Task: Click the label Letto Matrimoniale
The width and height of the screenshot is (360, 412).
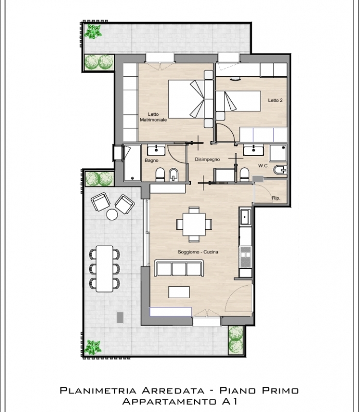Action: (153, 117)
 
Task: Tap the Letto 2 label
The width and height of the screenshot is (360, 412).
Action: (275, 100)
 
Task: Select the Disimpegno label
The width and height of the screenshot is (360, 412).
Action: (208, 160)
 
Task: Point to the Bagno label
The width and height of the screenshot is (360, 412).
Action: (151, 160)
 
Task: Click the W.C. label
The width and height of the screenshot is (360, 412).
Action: (263, 166)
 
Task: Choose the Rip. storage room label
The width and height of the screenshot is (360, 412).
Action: (276, 198)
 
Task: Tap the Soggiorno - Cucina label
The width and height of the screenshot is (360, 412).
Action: (198, 252)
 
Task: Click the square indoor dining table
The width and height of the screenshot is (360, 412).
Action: (194, 225)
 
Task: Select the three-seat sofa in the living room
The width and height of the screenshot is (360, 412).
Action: (179, 268)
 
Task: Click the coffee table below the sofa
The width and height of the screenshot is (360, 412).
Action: (179, 292)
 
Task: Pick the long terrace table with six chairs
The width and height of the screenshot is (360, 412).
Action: (105, 269)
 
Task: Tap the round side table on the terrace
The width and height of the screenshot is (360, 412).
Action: (112, 215)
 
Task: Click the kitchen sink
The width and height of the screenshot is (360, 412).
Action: (245, 217)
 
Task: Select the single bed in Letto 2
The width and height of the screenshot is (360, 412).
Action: (238, 101)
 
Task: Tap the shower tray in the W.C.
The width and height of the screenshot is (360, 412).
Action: (278, 152)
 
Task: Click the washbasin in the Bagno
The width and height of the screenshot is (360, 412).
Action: (156, 149)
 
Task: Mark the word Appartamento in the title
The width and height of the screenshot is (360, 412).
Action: (169, 402)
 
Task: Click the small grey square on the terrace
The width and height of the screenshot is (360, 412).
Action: (120, 317)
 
